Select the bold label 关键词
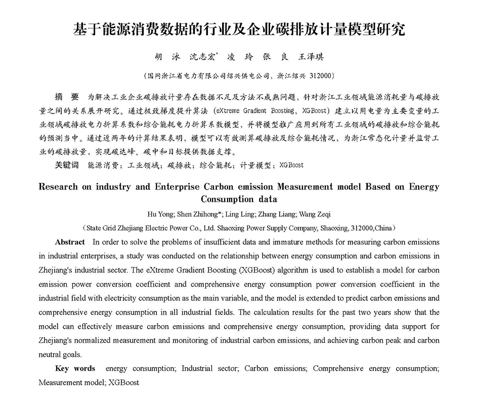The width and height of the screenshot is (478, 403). point(67,165)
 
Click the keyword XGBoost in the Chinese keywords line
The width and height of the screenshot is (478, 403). point(291,165)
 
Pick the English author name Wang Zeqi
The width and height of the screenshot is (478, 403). point(306,214)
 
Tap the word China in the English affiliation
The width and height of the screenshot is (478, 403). point(383,228)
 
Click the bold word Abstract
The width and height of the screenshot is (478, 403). point(70,242)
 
